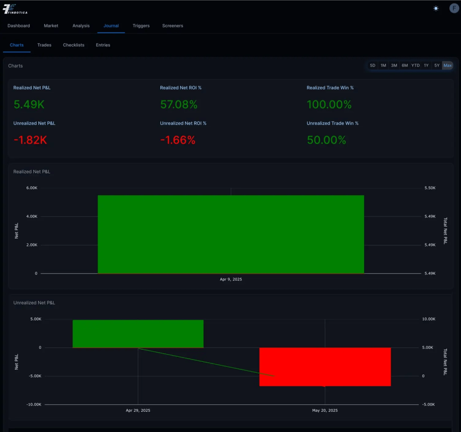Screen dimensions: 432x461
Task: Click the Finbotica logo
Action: pyautogui.click(x=15, y=9)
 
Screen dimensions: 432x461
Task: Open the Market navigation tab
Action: pyautogui.click(x=51, y=26)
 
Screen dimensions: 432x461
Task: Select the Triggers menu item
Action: pyautogui.click(x=141, y=26)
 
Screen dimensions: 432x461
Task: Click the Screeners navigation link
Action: pyautogui.click(x=172, y=26)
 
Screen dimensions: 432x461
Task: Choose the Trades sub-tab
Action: pyautogui.click(x=44, y=45)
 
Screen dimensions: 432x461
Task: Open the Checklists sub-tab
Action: pyautogui.click(x=73, y=45)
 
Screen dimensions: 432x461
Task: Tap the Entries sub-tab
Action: pyautogui.click(x=103, y=45)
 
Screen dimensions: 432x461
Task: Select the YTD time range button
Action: pyautogui.click(x=415, y=66)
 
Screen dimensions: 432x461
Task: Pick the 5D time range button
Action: pyautogui.click(x=372, y=66)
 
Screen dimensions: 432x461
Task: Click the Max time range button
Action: pyautogui.click(x=447, y=66)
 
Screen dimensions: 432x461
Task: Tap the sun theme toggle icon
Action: pyautogui.click(x=436, y=9)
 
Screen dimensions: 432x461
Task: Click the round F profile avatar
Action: pyautogui.click(x=454, y=8)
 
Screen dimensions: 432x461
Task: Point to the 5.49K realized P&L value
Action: pyautogui.click(x=29, y=104)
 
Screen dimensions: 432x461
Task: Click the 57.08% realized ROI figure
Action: pyautogui.click(x=179, y=104)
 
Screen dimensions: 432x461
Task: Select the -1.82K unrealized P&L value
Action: pyautogui.click(x=30, y=140)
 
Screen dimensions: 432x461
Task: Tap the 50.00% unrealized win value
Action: pyautogui.click(x=326, y=140)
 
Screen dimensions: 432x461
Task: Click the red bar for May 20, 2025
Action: pyautogui.click(x=325, y=366)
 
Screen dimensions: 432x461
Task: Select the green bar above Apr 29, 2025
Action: pyautogui.click(x=138, y=333)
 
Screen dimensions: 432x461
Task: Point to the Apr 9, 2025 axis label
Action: pyautogui.click(x=230, y=279)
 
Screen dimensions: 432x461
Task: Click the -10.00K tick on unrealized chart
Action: pyautogui.click(x=33, y=405)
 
